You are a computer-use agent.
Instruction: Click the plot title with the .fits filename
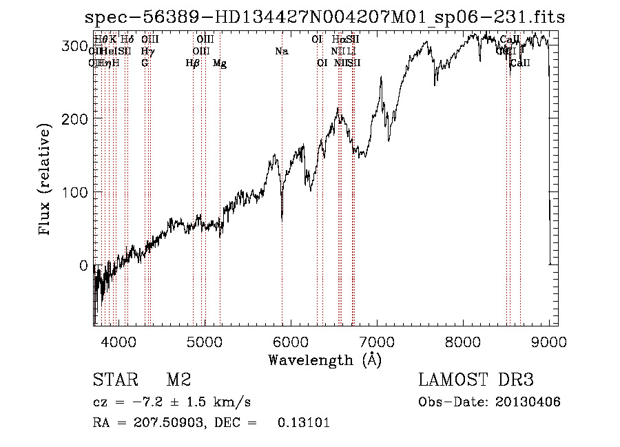[x=324, y=18]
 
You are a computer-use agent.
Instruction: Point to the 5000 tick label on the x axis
[x=205, y=342]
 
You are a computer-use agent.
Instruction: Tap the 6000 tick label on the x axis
[x=291, y=342]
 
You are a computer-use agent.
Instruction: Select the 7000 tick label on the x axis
[x=377, y=342]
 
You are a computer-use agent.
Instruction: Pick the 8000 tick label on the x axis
[x=463, y=342]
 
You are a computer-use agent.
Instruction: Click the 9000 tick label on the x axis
[x=549, y=342]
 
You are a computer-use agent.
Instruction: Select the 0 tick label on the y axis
[x=83, y=265]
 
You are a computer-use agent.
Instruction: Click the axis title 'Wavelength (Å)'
[x=324, y=360]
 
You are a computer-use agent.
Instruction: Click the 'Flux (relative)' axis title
[x=46, y=181]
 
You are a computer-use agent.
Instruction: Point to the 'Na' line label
[x=281, y=52]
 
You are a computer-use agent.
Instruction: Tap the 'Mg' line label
[x=220, y=63]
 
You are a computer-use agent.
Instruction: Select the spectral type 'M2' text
[x=178, y=380]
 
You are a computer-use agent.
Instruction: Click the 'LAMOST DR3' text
[x=476, y=380]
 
